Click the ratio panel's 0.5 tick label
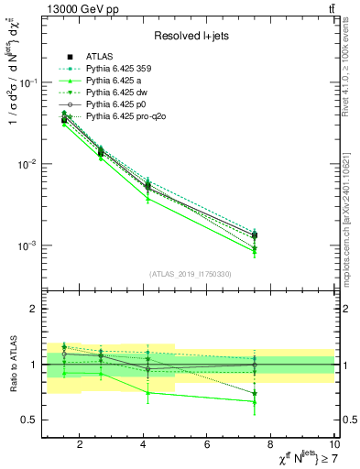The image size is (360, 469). pyautogui.click(x=30, y=420)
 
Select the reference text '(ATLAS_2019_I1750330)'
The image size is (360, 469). pyautogui.click(x=191, y=274)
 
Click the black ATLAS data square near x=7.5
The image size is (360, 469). pyautogui.click(x=255, y=235)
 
